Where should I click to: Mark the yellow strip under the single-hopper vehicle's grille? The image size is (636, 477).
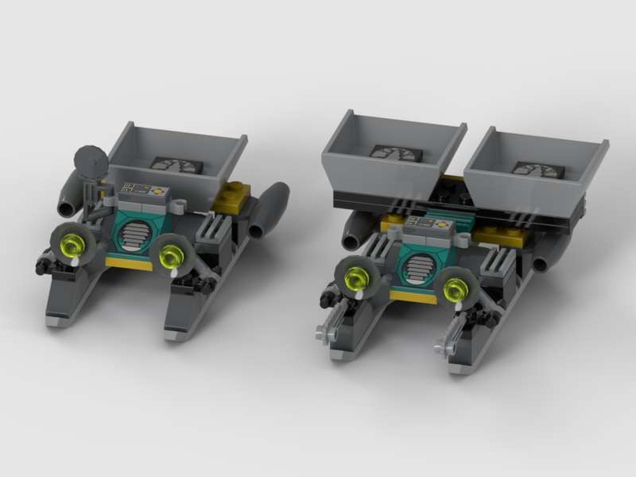(x=129, y=263)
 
